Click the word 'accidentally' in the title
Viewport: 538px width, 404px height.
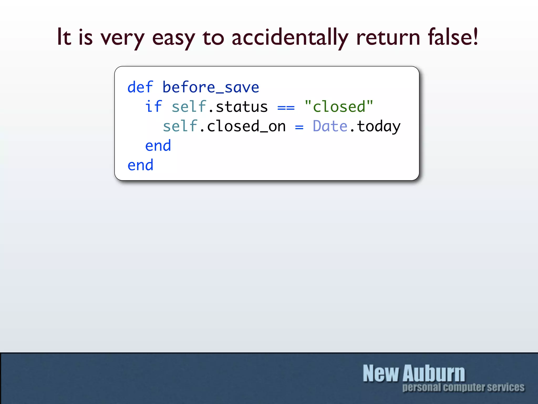(290, 37)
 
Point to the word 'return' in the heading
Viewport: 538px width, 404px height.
(388, 37)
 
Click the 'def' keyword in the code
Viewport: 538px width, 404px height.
(140, 87)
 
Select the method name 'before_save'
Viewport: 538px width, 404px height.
(211, 87)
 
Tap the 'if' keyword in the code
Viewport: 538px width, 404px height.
(154, 107)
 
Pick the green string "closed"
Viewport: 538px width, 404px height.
(339, 107)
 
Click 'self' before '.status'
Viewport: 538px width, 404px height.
(189, 107)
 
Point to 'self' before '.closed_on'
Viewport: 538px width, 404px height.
(180, 126)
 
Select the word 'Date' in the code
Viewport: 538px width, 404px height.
(330, 126)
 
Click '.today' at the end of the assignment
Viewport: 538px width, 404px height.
(376, 127)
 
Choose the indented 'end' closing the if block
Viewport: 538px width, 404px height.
(158, 145)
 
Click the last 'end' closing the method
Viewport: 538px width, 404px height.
(140, 165)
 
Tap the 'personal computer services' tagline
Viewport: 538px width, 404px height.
(463, 387)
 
